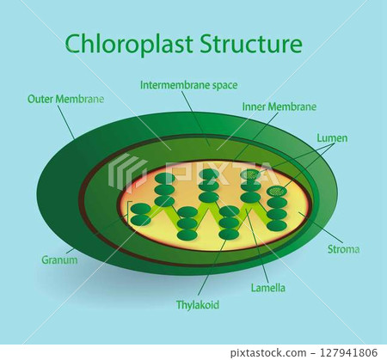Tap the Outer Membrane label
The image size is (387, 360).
pyautogui.click(x=66, y=99)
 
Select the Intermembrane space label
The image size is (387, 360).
pyautogui.click(x=188, y=85)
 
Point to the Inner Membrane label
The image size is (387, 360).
pyautogui.click(x=279, y=107)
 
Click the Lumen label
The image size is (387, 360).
pyautogui.click(x=332, y=137)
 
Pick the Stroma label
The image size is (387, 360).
pyautogui.click(x=343, y=249)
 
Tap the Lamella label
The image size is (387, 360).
pyautogui.click(x=267, y=288)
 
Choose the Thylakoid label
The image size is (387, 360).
pyautogui.click(x=197, y=304)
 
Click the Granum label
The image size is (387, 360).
pyautogui.click(x=58, y=259)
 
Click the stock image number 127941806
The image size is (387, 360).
pyautogui.click(x=349, y=351)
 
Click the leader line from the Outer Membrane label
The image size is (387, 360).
pyautogui.click(x=67, y=122)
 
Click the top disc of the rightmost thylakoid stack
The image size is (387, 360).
pyautogui.click(x=277, y=191)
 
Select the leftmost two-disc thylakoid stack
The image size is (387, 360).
pyautogui.click(x=140, y=214)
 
